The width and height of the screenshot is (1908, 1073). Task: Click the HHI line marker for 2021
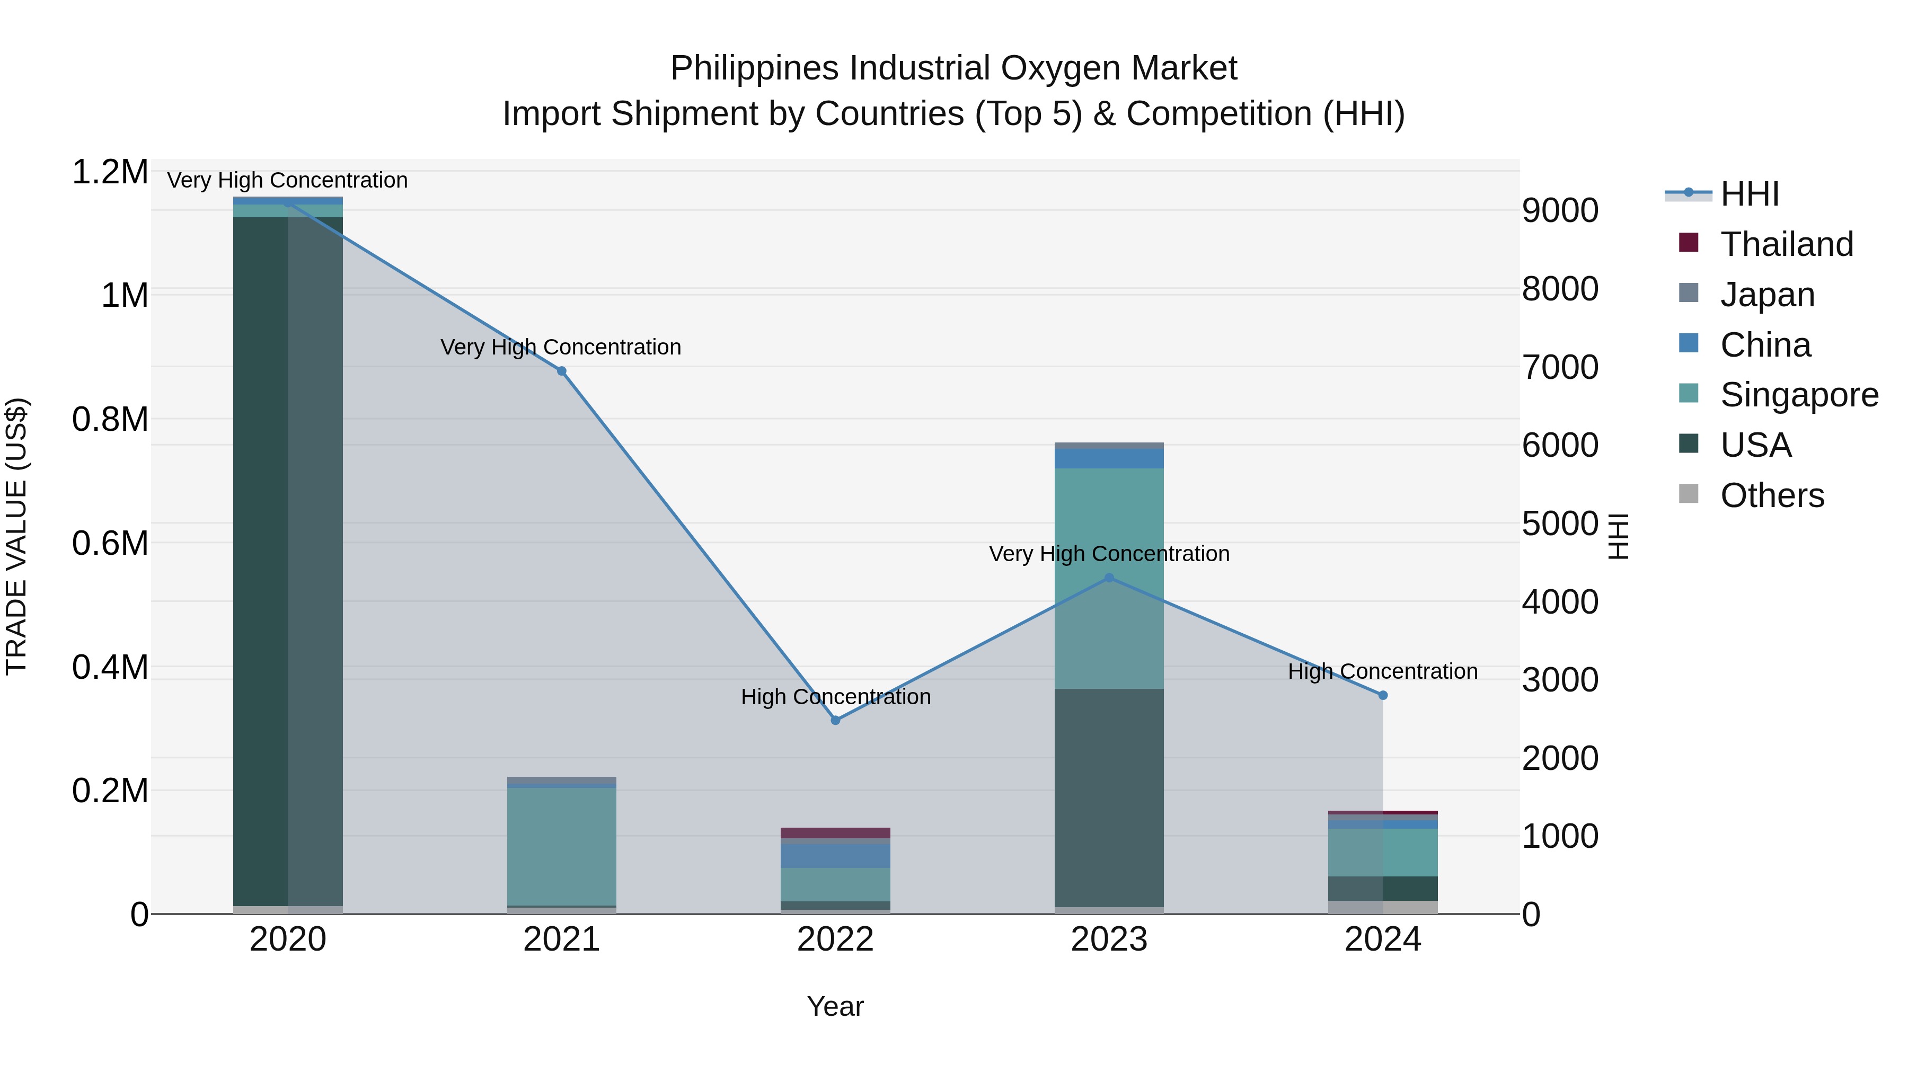tap(561, 371)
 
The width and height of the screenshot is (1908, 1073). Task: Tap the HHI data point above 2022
tap(835, 720)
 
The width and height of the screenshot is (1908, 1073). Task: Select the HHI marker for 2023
tap(1109, 578)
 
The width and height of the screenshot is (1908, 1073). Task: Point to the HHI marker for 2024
tap(1382, 695)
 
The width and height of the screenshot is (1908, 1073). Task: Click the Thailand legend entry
tap(1786, 244)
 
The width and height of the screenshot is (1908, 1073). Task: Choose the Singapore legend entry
tap(1798, 395)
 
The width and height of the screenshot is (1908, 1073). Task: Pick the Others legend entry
tap(1772, 495)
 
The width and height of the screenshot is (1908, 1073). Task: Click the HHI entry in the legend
tap(1749, 194)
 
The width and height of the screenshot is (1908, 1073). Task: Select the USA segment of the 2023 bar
tap(1109, 797)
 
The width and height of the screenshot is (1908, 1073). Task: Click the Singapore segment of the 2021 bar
tap(561, 846)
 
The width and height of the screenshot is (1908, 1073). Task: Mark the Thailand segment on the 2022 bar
tap(835, 833)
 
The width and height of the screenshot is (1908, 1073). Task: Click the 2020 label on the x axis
tap(288, 939)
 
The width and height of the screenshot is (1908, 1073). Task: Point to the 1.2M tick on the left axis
tap(110, 173)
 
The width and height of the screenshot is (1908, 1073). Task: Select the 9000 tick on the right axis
tap(1560, 211)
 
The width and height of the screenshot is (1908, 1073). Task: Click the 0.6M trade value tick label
tap(110, 544)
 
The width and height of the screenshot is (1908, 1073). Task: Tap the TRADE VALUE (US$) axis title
tap(16, 536)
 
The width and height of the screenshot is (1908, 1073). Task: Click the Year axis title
tap(835, 1006)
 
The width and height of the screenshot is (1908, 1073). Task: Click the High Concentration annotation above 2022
tap(835, 697)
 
